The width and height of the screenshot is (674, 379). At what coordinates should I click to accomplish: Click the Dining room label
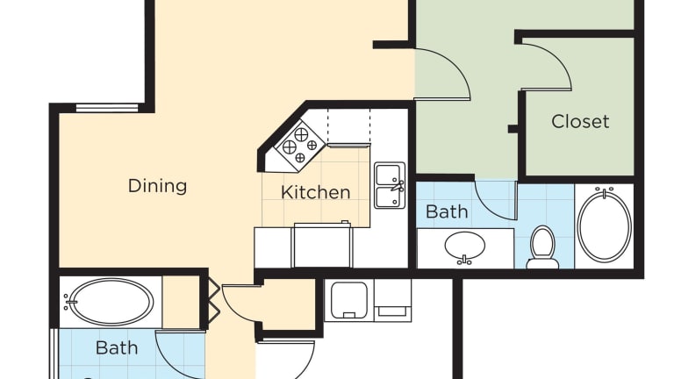click(x=157, y=186)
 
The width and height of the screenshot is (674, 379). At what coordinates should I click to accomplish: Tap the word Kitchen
click(x=316, y=192)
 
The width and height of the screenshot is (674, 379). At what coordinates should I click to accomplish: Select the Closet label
click(x=580, y=122)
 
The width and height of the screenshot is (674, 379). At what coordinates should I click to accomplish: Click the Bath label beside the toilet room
click(x=447, y=211)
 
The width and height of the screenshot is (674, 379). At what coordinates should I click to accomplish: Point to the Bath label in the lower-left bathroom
click(x=117, y=347)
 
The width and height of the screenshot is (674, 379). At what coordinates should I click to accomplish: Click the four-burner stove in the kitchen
click(x=300, y=147)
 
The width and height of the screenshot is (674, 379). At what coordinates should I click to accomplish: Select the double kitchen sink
click(x=390, y=186)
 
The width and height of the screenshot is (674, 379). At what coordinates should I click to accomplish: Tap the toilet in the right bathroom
click(x=542, y=247)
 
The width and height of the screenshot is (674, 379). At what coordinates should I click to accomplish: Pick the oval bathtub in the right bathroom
click(x=605, y=225)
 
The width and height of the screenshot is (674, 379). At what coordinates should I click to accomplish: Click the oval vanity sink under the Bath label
click(x=465, y=247)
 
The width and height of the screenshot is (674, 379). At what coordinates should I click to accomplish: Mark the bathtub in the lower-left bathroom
click(x=110, y=302)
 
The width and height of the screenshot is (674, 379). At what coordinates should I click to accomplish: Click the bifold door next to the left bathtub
click(x=214, y=304)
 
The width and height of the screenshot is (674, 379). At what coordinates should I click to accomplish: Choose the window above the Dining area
click(x=107, y=107)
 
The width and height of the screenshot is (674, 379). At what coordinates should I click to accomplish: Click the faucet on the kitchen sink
click(x=398, y=186)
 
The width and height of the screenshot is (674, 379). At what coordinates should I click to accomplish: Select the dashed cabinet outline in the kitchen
click(x=348, y=126)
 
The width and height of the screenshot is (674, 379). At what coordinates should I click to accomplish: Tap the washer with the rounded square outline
click(x=349, y=299)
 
